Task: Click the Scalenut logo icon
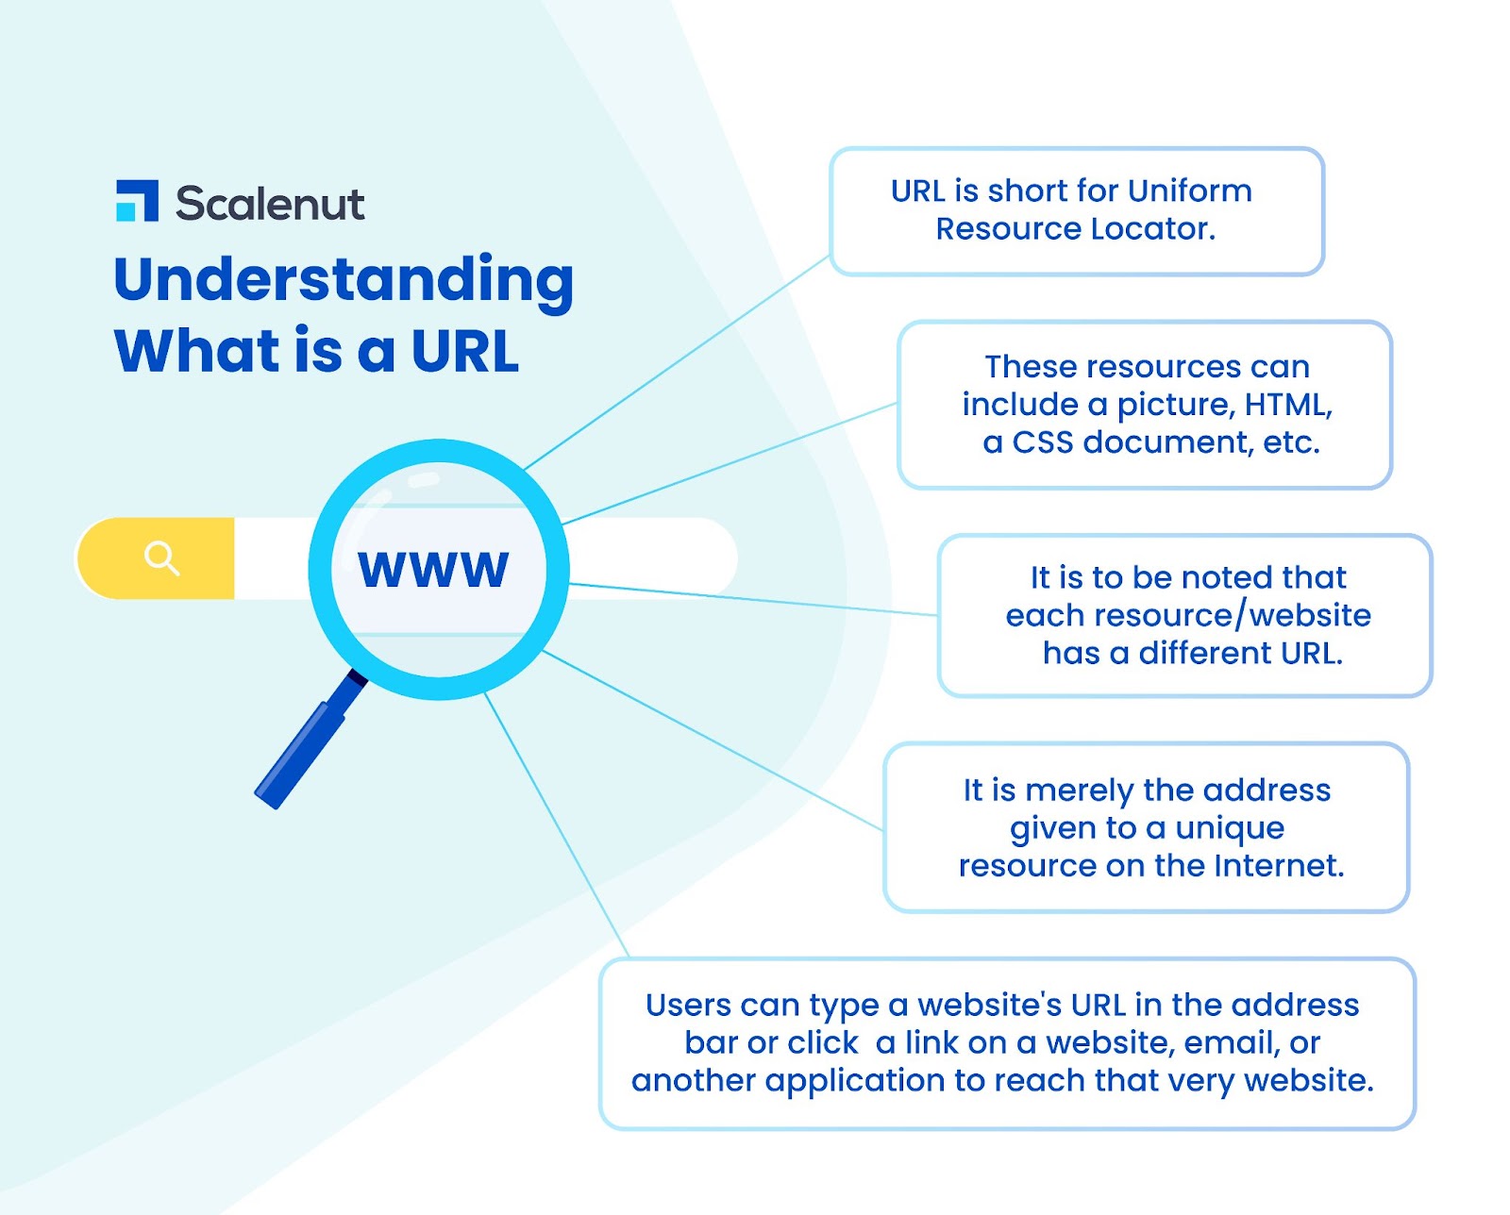[x=138, y=201]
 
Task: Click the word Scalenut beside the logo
[x=270, y=204]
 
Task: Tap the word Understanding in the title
[x=344, y=280]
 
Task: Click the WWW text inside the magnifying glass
[x=433, y=570]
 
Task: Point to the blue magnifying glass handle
[x=308, y=745]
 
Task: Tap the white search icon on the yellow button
[x=161, y=558]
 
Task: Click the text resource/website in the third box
[x=1188, y=615]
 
